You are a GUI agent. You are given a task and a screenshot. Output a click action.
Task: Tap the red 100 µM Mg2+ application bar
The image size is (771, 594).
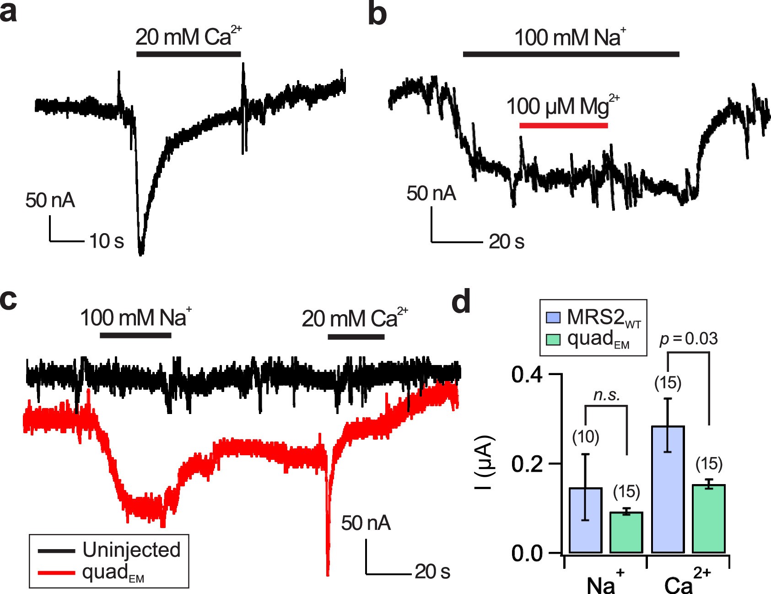pos(563,125)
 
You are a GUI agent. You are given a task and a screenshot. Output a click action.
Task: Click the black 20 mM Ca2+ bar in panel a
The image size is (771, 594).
pos(189,54)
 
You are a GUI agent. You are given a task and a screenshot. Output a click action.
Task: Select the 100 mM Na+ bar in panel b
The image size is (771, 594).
pos(571,54)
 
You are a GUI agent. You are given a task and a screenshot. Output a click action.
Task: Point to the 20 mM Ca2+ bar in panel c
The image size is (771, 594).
pos(356,337)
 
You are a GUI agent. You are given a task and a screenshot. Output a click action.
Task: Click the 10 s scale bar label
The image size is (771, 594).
pos(106,241)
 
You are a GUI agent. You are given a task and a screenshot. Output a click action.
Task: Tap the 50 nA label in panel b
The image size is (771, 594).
pos(431,193)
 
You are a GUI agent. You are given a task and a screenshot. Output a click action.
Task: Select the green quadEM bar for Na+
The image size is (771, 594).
pos(626,532)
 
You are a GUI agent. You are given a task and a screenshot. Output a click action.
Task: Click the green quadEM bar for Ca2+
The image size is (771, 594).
pos(709,518)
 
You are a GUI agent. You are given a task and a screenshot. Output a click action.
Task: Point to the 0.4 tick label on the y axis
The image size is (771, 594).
pos(527,375)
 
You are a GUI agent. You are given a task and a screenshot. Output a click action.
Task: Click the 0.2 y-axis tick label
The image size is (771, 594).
pos(527,464)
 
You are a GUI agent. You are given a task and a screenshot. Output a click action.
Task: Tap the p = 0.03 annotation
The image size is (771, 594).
pos(688,339)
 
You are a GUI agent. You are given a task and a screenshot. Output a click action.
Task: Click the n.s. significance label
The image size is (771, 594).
pos(606,395)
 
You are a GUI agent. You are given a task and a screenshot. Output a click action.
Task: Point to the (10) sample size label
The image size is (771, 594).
pos(585,437)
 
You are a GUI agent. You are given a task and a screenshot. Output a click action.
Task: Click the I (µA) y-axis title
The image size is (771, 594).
pos(484,463)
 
